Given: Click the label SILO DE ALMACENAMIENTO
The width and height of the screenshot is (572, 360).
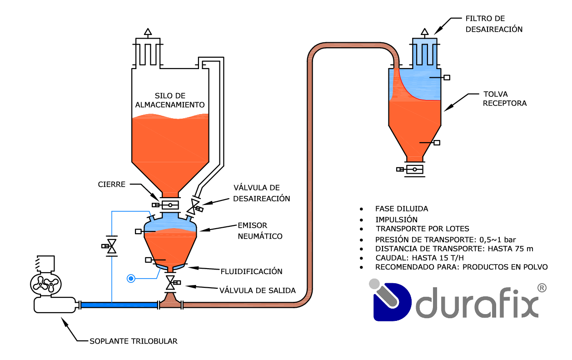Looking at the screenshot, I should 170,100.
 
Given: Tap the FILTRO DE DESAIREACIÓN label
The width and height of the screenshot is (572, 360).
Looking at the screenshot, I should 494,24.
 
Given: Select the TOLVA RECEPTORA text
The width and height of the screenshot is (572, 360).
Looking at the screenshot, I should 504,99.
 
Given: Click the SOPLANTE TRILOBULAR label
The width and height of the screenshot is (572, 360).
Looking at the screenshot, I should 133,341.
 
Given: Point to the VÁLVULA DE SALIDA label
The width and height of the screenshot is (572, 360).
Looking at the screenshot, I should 257,290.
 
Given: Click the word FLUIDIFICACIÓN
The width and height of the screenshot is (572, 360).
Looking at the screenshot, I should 251,271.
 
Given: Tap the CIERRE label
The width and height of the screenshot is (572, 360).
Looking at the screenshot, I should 112,184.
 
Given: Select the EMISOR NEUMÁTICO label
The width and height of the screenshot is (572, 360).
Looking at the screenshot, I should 260,230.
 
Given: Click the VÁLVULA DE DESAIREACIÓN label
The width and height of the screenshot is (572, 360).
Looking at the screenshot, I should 262,193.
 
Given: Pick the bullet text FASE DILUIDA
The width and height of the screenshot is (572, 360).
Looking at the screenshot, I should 401,209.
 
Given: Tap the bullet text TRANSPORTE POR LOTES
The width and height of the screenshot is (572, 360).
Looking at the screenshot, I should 422,229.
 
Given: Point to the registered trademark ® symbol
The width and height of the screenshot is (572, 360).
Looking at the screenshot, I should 542,288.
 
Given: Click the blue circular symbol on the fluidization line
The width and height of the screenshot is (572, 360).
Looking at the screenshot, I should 131,277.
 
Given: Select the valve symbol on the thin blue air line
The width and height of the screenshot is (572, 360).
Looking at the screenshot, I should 111,246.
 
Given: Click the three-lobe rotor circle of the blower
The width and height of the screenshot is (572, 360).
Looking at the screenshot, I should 45,285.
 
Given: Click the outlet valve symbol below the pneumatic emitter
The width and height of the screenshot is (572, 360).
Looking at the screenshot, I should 171,283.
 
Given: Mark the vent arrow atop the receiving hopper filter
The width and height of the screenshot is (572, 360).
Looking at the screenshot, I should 424,32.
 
